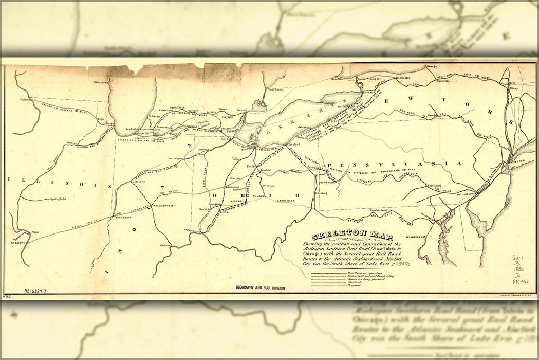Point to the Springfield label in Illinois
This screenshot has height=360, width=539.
tap(60, 199)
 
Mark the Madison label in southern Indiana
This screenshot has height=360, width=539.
tap(164, 245)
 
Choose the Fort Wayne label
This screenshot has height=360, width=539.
tap(176, 158)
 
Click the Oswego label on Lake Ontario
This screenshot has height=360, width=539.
tap(431, 66)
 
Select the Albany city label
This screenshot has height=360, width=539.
tap(513, 88)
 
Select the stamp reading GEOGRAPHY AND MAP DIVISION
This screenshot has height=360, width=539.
tap(260, 289)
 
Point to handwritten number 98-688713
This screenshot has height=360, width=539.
tap(35, 291)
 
